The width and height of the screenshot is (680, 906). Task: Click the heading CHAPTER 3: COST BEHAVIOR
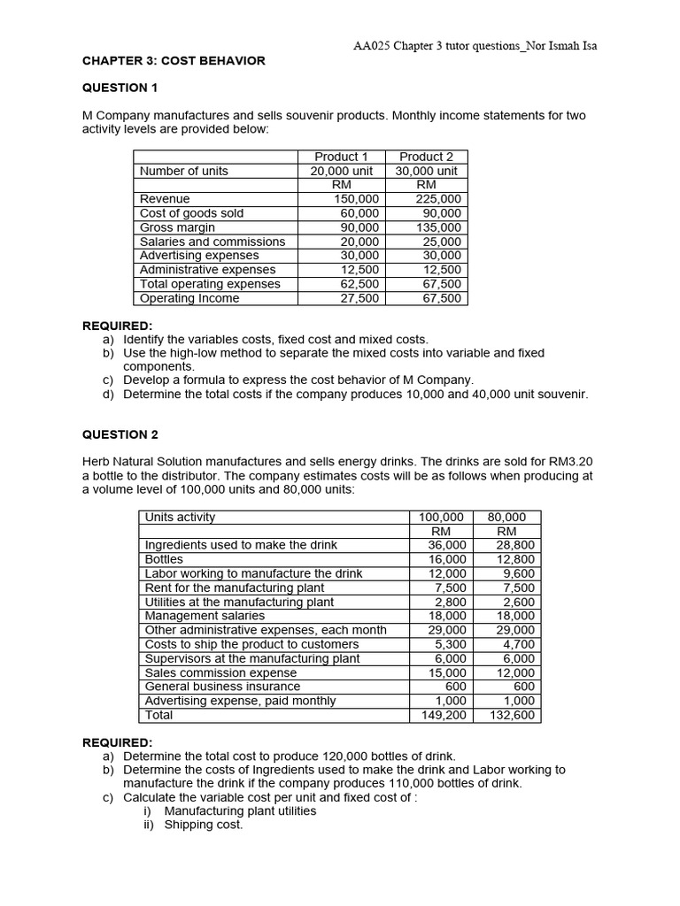[x=174, y=60]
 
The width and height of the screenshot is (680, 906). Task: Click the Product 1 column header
[x=341, y=157]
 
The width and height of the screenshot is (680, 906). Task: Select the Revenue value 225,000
[x=438, y=199]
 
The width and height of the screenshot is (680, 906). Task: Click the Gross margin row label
[x=177, y=227]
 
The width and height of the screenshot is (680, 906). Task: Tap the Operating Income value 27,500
[x=360, y=298]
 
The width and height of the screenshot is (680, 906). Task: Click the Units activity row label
[x=180, y=517]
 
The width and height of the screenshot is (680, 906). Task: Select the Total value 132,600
[x=511, y=715]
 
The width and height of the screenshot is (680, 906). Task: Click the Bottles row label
[x=164, y=559]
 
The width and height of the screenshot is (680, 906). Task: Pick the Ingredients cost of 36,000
[x=448, y=545]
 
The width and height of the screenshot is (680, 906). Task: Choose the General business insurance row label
[x=222, y=687]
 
